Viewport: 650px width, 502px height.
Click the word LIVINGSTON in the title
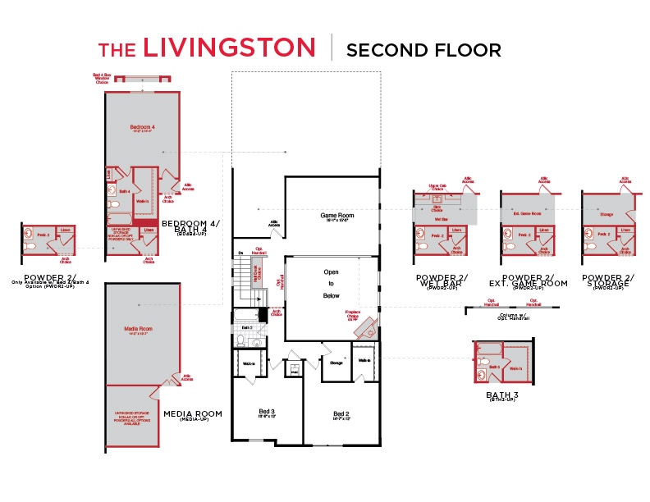[229, 47]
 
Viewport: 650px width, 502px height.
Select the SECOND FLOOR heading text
[423, 49]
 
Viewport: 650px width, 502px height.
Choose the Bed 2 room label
[341, 414]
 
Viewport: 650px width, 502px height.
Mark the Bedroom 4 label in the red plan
[142, 128]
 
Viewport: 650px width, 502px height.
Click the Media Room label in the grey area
[140, 330]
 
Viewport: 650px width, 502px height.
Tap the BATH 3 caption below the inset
[501, 396]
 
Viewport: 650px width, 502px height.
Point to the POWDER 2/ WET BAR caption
[442, 283]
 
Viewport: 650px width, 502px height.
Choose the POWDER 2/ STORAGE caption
[607, 283]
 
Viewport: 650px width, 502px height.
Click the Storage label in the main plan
[336, 362]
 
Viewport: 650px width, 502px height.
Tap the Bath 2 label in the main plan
[247, 327]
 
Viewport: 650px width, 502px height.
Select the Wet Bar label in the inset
[440, 219]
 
